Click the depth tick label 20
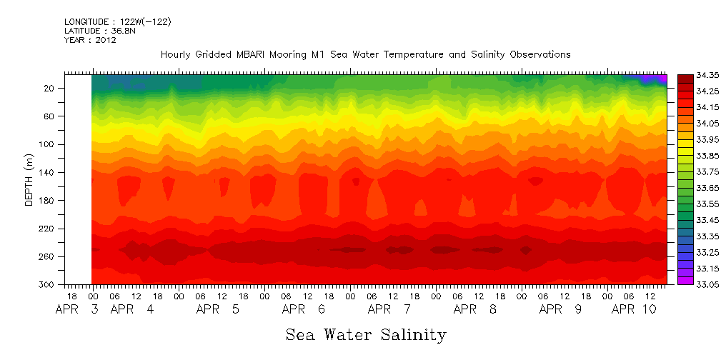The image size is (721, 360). (49, 88)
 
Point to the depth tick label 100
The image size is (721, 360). (47, 144)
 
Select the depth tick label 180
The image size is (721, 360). (47, 201)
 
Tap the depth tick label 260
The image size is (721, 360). (47, 256)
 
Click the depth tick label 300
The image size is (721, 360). (47, 284)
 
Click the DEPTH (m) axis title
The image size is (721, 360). (29, 179)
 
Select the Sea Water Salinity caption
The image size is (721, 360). (366, 334)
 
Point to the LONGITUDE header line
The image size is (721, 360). (117, 21)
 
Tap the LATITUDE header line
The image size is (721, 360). (99, 31)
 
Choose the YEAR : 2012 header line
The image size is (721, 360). (90, 40)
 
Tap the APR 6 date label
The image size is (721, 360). (304, 309)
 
